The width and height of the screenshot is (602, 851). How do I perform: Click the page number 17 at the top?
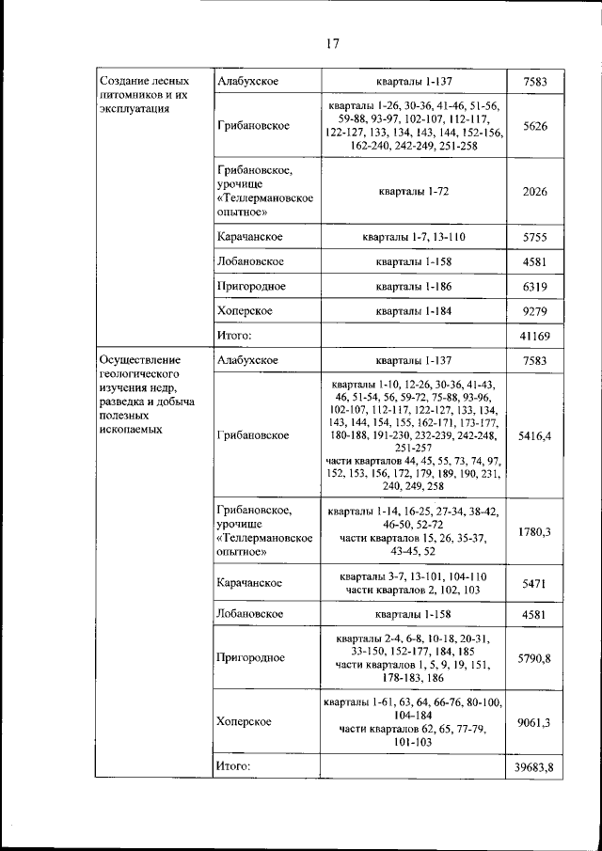coord(332,43)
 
